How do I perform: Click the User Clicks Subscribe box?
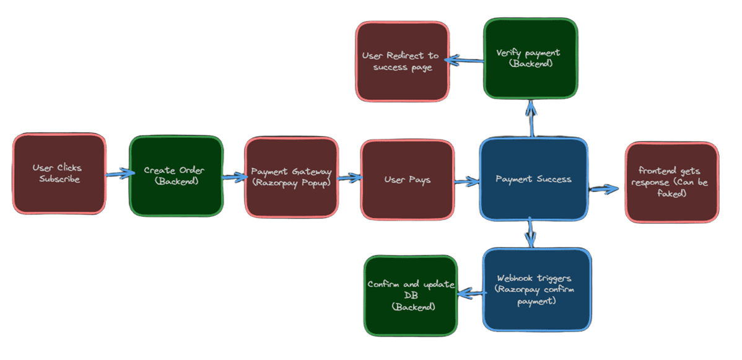(59, 174)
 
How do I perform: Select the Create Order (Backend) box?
(176, 176)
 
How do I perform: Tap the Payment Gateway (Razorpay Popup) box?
(291, 178)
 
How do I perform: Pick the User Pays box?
(407, 180)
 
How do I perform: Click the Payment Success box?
(533, 179)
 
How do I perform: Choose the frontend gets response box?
(671, 182)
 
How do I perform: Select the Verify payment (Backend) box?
(530, 58)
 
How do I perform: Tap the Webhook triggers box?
(536, 289)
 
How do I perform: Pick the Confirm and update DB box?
(411, 295)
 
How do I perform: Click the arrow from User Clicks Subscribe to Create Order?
(118, 175)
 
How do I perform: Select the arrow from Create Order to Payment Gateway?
(234, 178)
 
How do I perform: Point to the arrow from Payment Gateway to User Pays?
(349, 178)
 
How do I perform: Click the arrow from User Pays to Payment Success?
(466, 182)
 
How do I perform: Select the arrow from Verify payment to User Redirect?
(465, 60)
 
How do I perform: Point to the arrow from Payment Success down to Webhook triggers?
(531, 232)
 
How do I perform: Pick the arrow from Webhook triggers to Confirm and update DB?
(470, 291)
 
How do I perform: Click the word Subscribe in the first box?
(59, 179)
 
